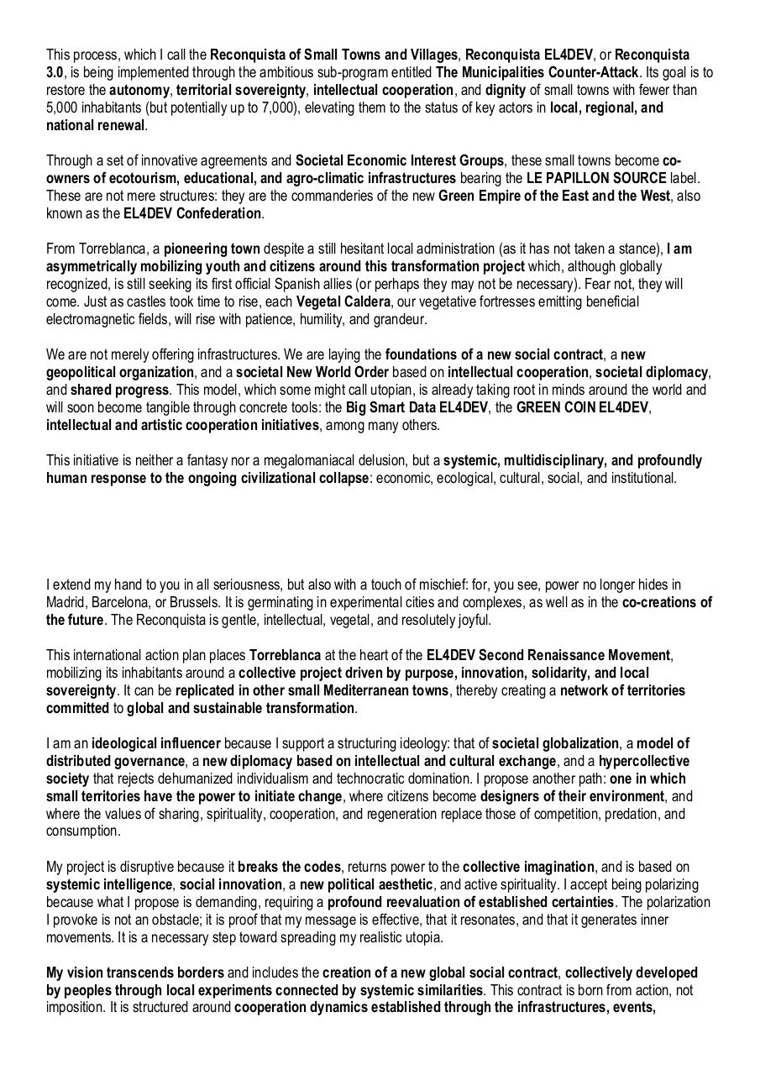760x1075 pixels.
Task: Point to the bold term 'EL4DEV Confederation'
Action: tap(192, 213)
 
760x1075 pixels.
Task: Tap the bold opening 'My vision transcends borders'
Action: tap(135, 973)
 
